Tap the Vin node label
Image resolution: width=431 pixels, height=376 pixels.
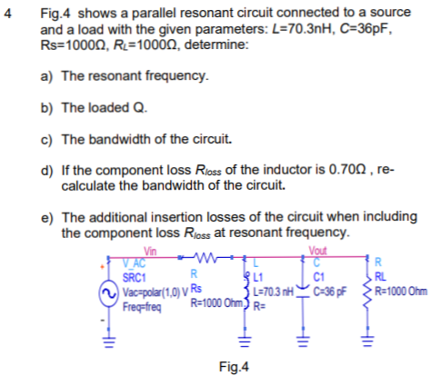pos(149,252)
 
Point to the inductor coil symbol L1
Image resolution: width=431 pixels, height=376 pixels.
pos(243,286)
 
